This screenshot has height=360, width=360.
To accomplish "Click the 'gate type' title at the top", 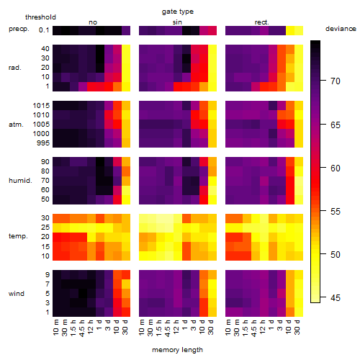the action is (178, 12).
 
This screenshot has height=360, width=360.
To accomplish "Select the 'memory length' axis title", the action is (177, 350).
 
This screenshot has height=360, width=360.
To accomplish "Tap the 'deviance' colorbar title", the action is (341, 29).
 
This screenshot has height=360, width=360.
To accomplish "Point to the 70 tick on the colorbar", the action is (323, 81).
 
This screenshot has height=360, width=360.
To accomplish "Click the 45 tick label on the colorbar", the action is (336, 298).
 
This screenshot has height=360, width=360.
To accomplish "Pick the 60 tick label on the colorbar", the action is (336, 168).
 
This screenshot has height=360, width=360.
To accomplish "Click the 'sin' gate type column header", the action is (177, 22).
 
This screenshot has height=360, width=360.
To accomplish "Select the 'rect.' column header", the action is (262, 22).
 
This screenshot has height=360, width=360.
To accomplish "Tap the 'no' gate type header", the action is (93, 22).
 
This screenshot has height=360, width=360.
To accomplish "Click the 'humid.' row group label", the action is (20, 181).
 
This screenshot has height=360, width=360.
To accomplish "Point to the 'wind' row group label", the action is (17, 294).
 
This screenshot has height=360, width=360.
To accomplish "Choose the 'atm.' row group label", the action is (16, 125).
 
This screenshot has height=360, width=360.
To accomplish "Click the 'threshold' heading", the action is (40, 17).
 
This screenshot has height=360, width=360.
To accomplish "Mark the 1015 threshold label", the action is (41, 105).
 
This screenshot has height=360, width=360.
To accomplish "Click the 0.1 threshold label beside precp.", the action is (44, 30).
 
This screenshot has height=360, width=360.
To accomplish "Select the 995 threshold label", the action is (43, 143).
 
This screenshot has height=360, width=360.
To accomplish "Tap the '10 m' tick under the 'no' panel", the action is (55, 327).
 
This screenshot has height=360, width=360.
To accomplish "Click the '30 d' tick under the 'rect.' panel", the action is (297, 327).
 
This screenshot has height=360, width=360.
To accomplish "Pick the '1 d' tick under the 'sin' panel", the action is (185, 325).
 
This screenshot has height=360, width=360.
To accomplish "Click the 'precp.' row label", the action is (19, 29).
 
